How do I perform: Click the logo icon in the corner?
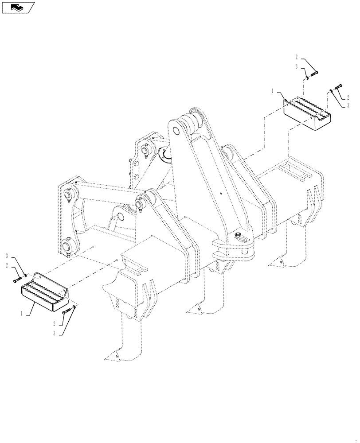(x=18, y=7)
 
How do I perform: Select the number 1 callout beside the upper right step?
(x=273, y=90)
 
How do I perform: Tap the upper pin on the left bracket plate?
(x=70, y=194)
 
